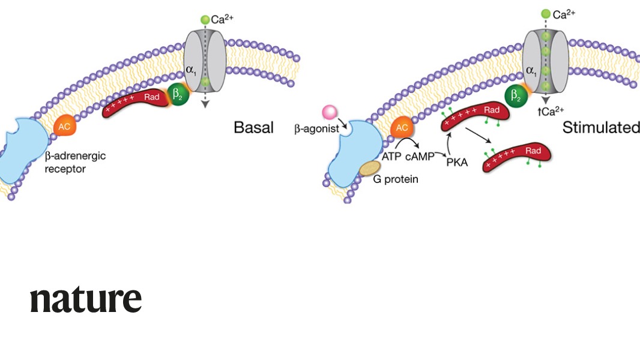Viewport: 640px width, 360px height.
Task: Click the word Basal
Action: [x=253, y=127]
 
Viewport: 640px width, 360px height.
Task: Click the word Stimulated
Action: [x=600, y=127]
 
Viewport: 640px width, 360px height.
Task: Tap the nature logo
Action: [x=86, y=299]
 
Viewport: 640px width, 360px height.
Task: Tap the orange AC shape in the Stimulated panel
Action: [x=403, y=127]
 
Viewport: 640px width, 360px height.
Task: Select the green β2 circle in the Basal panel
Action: [x=178, y=94]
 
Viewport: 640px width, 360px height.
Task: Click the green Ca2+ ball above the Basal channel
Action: [x=205, y=20]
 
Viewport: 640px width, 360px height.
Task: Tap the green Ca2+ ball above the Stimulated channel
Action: [x=546, y=14]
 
